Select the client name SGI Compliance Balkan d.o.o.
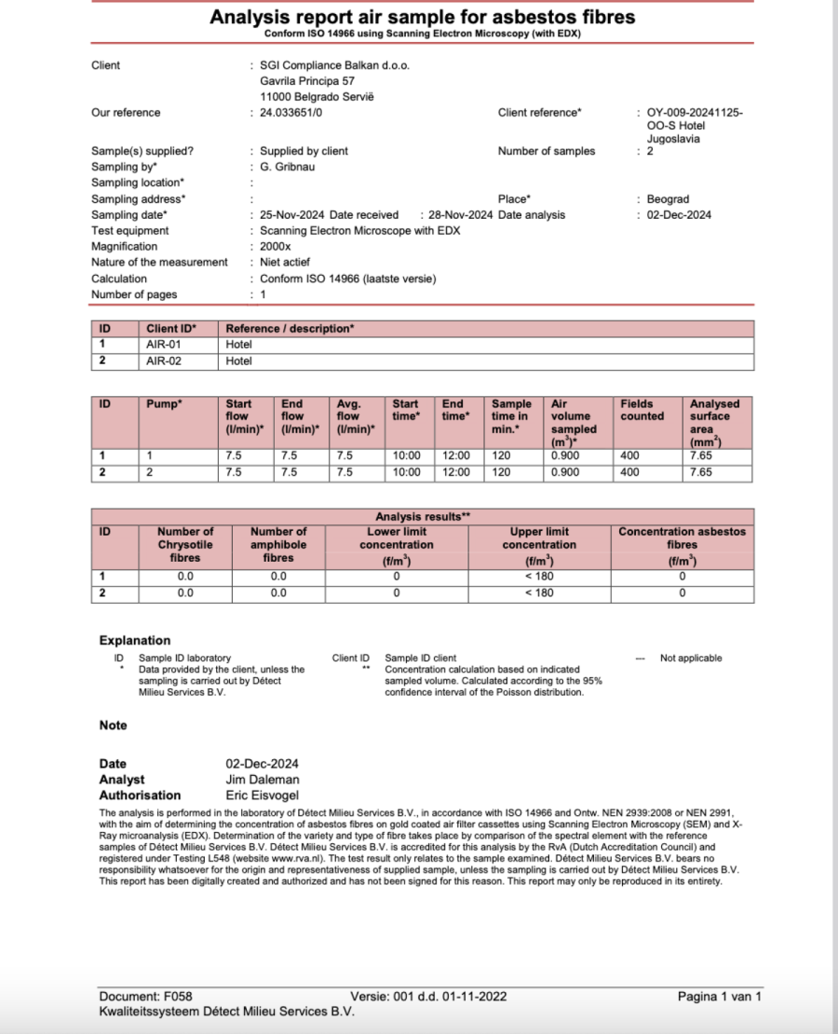pyautogui.click(x=334, y=65)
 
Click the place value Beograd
pyautogui.click(x=669, y=199)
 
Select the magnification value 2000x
pyautogui.click(x=276, y=247)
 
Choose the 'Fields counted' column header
pyautogui.click(x=642, y=411)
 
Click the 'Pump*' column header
pyautogui.click(x=165, y=404)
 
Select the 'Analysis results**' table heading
pyautogui.click(x=423, y=516)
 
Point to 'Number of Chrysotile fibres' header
pyautogui.click(x=185, y=545)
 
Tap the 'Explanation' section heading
pyautogui.click(x=135, y=641)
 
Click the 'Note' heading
pyautogui.click(x=114, y=726)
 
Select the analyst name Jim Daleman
pyautogui.click(x=262, y=780)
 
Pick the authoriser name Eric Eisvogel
pyautogui.click(x=264, y=796)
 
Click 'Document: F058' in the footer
pyautogui.click(x=145, y=997)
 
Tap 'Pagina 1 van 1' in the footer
pyautogui.click(x=719, y=997)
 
